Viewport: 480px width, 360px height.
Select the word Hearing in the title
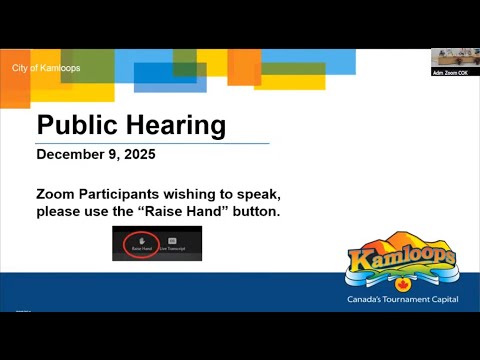tap(176, 127)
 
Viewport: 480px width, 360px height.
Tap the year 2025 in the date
tap(137, 155)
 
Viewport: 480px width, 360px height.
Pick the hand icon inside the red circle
tap(143, 241)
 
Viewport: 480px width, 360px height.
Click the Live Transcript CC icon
tap(172, 241)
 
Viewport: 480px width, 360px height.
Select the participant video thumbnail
tap(454, 57)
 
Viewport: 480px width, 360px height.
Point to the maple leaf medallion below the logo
tap(400, 282)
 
